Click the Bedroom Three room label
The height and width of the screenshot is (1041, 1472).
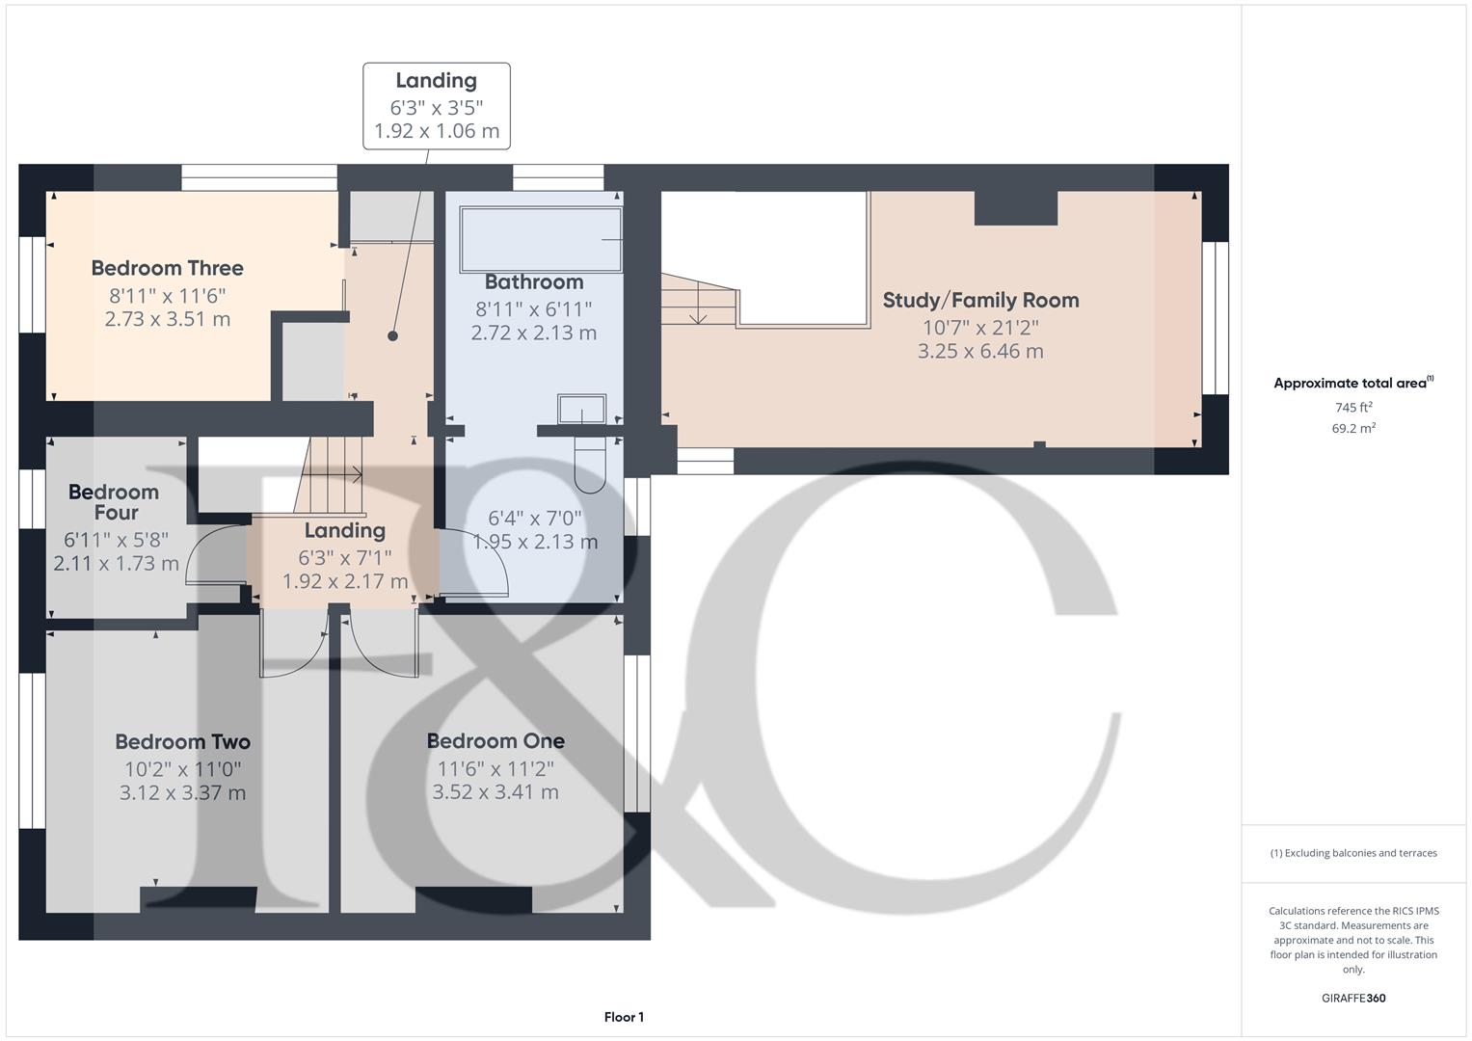coord(167,268)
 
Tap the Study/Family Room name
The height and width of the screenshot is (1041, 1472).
coord(980,300)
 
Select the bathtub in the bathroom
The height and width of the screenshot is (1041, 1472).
coord(541,239)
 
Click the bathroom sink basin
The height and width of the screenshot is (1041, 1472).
coord(581,409)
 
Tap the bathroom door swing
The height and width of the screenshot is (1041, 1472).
coord(476,564)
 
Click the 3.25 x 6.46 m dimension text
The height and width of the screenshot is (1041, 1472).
coord(980,351)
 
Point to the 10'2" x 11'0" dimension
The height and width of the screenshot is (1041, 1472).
coord(182,769)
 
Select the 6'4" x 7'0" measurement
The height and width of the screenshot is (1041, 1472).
coord(534,518)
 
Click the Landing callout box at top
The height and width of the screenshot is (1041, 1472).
coord(436,106)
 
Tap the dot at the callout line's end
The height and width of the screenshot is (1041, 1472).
coord(392,336)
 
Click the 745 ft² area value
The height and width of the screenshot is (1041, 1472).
coord(1353,407)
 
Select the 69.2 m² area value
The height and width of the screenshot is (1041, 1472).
coord(1353,428)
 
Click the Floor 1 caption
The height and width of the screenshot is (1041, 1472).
coord(624,1017)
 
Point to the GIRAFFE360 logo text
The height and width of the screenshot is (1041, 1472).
coord(1352,998)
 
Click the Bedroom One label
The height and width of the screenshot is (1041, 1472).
coord(495,740)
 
